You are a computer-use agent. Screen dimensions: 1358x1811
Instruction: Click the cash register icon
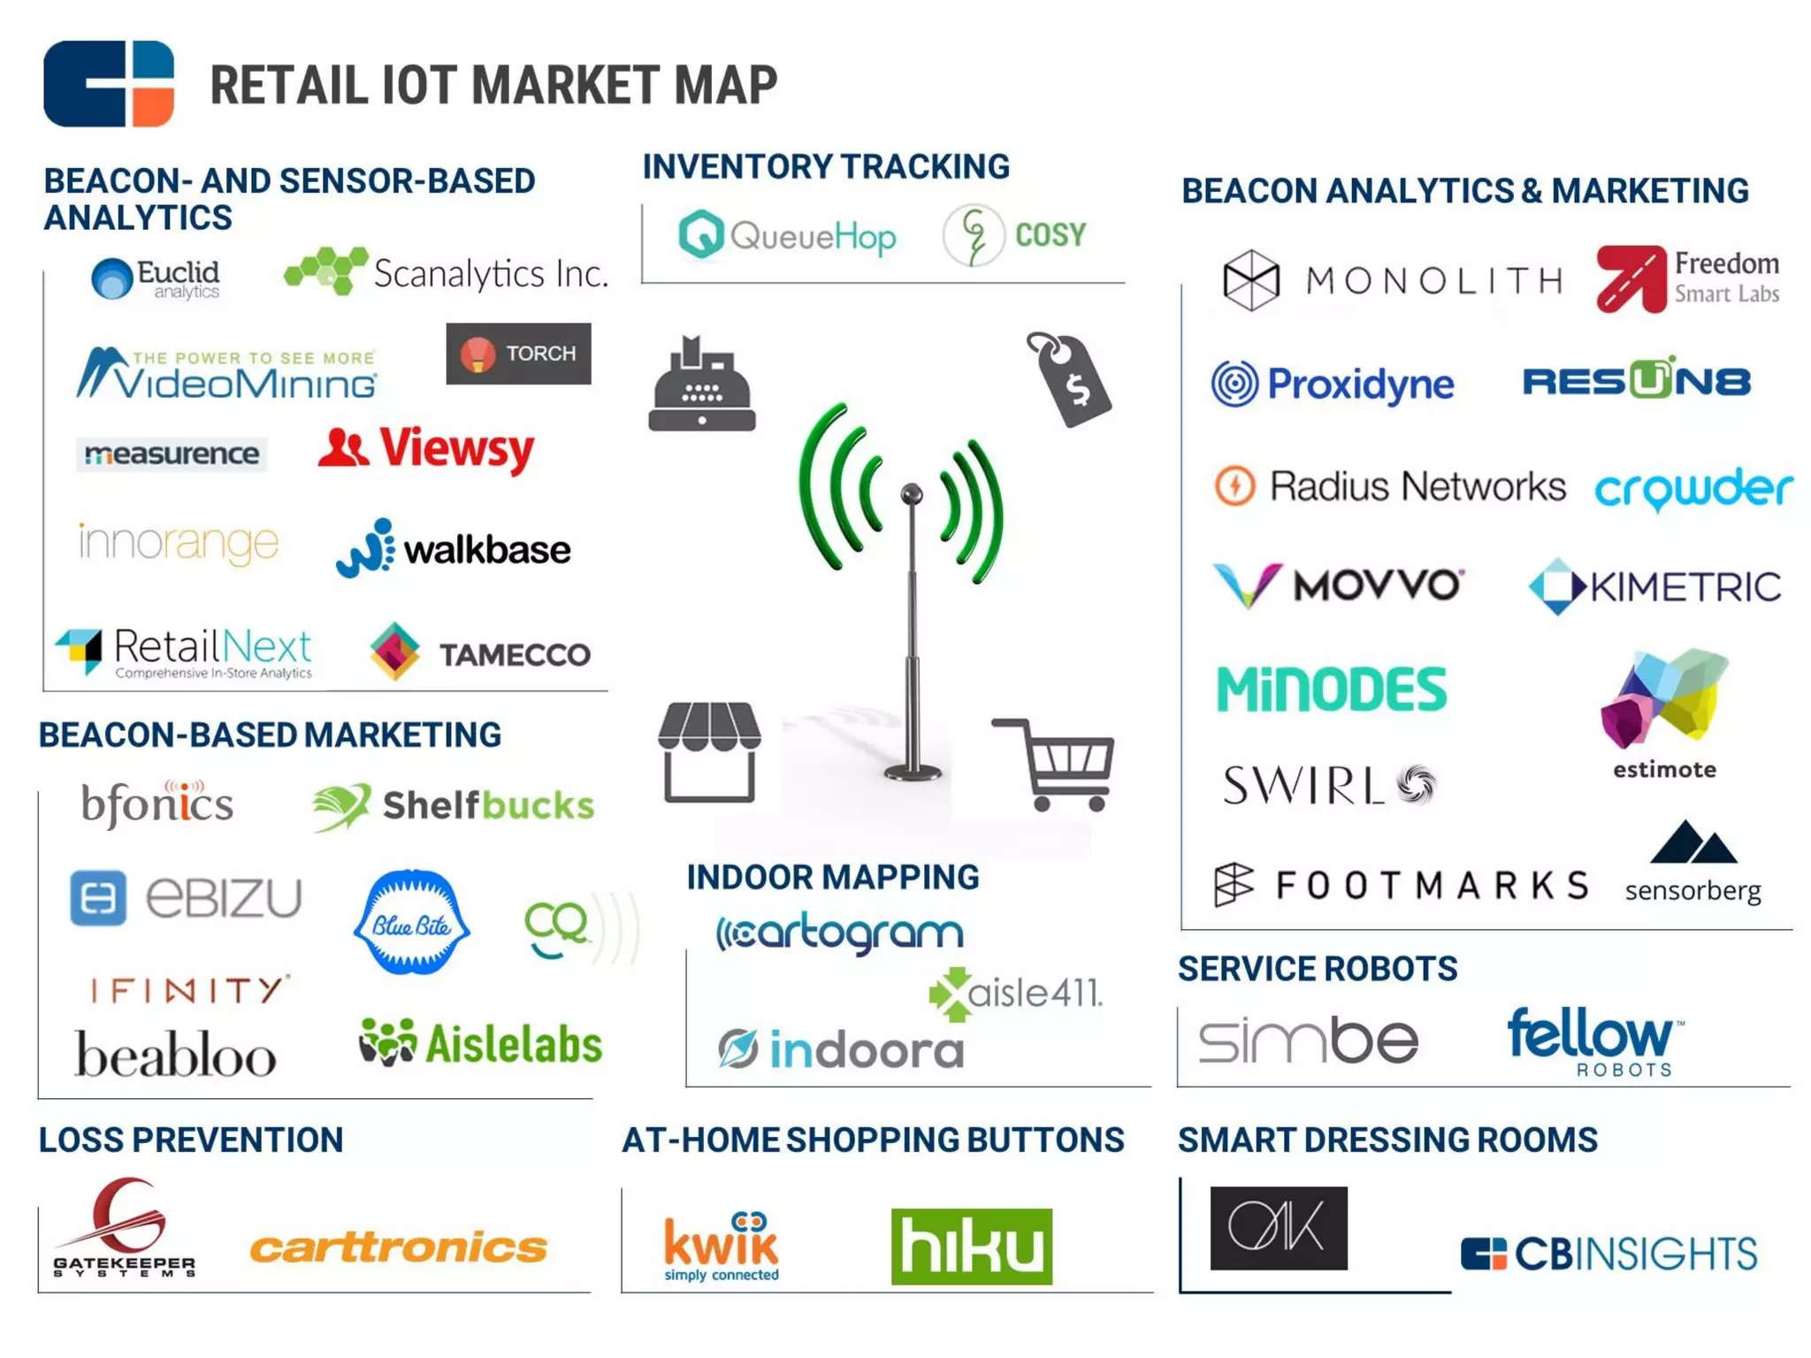[x=701, y=385]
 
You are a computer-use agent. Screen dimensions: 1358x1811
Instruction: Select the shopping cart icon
[x=1057, y=764]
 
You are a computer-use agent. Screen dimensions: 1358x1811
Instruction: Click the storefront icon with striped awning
[x=709, y=751]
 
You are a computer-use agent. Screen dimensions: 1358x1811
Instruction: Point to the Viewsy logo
[x=426, y=449]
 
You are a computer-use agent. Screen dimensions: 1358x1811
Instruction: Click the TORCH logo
[x=518, y=354]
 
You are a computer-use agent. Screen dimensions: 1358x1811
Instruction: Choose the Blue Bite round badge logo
[x=411, y=923]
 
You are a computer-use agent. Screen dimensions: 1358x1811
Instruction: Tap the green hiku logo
[x=971, y=1246]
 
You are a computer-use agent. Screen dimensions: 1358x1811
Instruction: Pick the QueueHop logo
[x=787, y=235]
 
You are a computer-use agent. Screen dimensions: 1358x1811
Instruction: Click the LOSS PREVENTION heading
[x=191, y=1140]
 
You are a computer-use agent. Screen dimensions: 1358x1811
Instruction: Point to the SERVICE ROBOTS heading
[x=1318, y=969]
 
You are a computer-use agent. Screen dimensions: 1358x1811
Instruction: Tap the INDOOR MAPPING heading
[x=833, y=877]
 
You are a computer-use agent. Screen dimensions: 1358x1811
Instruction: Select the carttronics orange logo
[x=399, y=1247]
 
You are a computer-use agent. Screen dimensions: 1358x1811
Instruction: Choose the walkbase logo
[x=454, y=548]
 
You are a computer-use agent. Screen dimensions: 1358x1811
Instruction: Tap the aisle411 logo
[x=1016, y=994]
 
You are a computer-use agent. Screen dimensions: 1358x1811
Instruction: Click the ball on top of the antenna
[x=912, y=492]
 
